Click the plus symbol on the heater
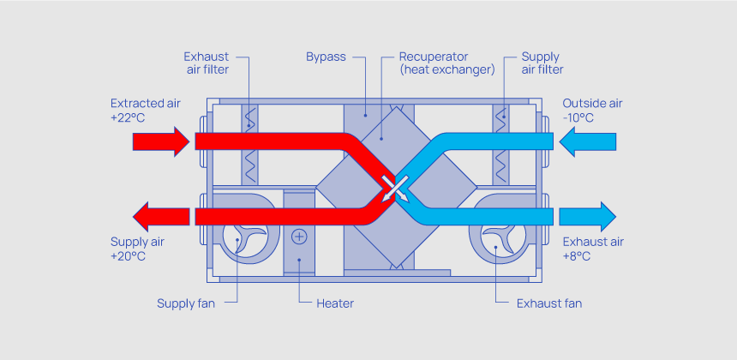click(299, 236)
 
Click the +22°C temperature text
click(129, 118)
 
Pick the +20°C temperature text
click(129, 256)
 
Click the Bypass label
click(326, 57)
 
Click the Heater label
click(334, 303)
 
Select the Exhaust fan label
click(550, 303)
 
